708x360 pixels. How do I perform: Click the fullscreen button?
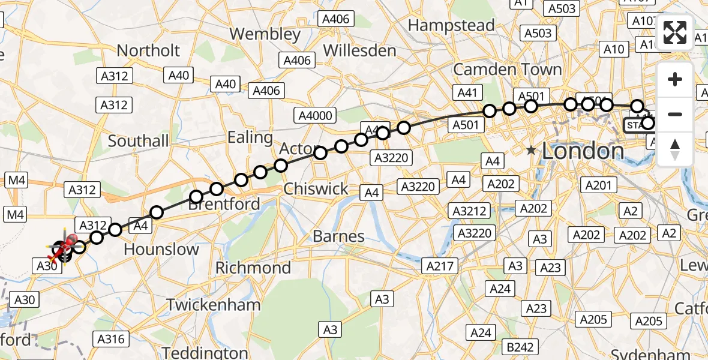coord(675,32)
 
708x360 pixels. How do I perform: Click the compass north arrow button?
coord(675,149)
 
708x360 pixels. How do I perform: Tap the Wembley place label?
coord(265,34)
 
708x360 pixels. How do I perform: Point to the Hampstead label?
coord(451,25)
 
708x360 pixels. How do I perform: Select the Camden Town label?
coord(508,70)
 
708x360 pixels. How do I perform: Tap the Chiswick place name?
coord(316,189)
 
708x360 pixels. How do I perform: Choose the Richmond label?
coord(253,267)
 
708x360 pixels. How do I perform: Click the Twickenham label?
coord(214,305)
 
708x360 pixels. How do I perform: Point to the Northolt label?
coord(148,50)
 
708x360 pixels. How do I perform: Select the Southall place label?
coord(139,142)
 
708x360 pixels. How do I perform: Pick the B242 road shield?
coord(520,347)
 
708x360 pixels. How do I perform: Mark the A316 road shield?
coord(111,339)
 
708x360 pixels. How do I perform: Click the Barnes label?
coord(339,236)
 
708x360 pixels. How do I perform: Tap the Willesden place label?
coord(360,50)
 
